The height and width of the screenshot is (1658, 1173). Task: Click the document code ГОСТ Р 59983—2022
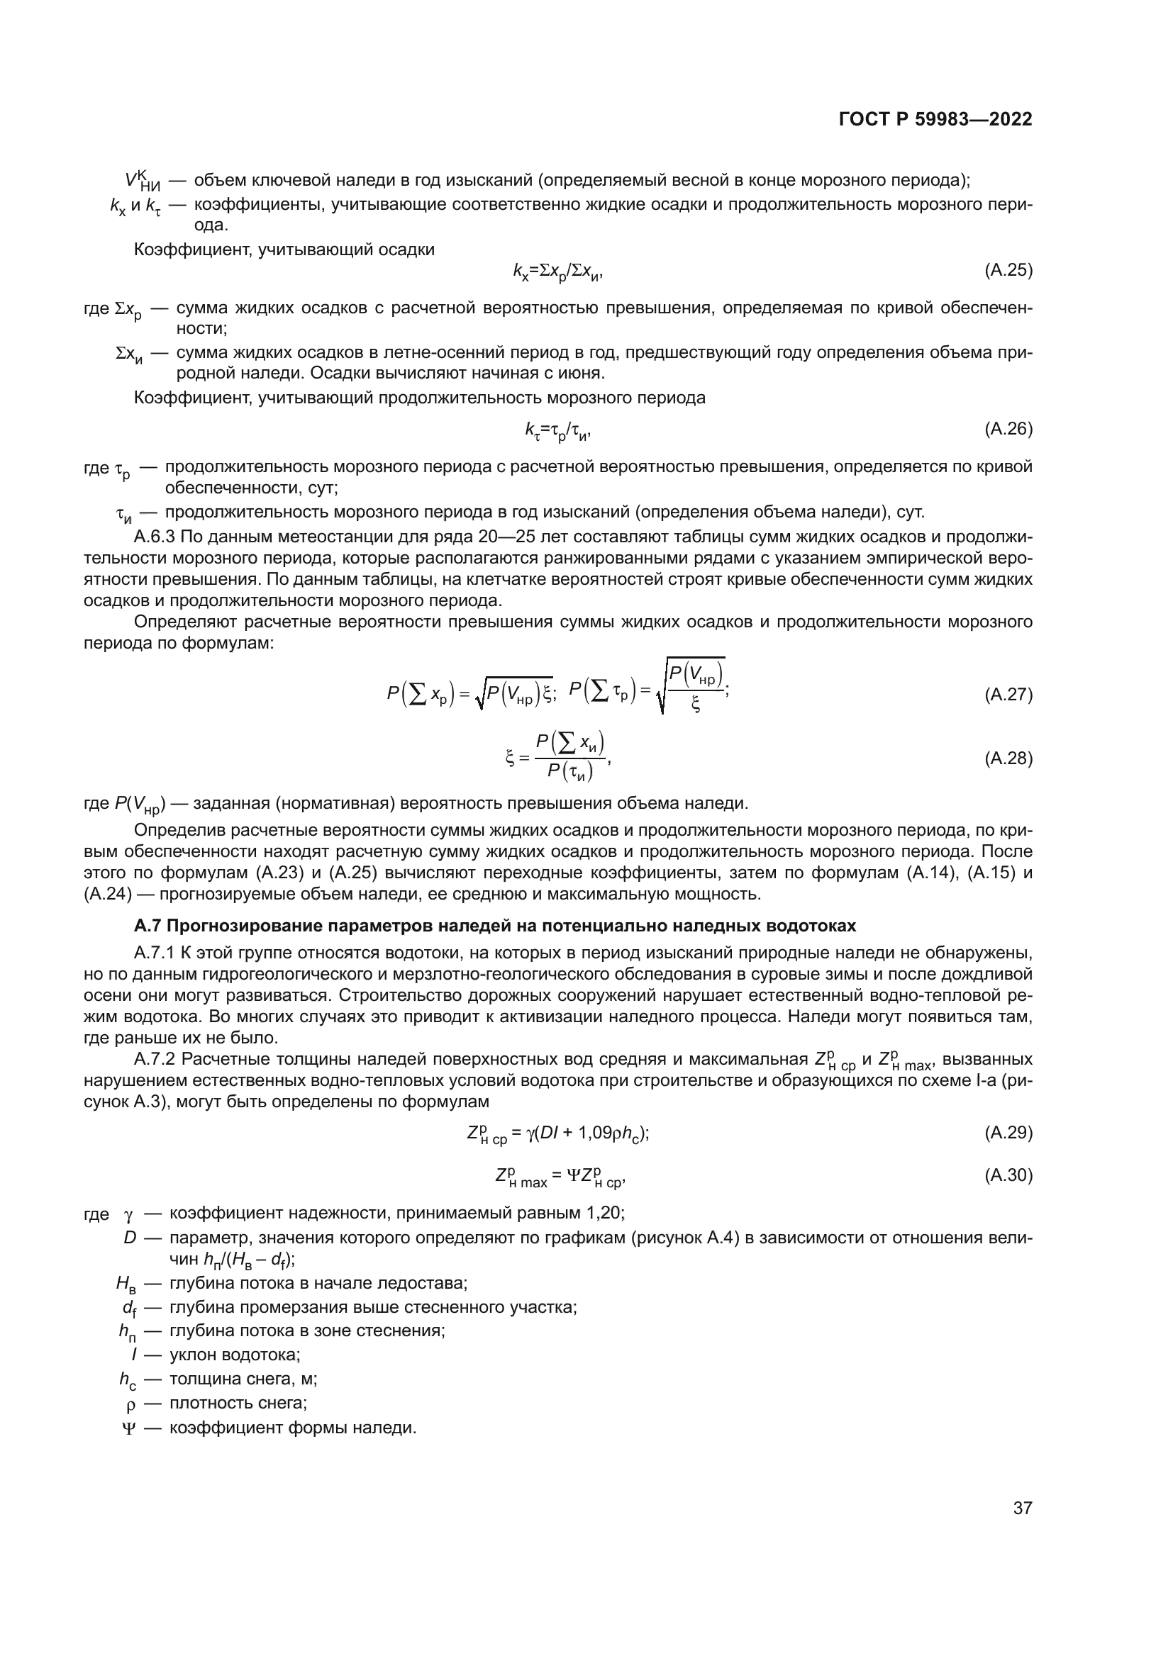coord(935,120)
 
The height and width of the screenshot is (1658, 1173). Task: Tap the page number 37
coord(1022,1508)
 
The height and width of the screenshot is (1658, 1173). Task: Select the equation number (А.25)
coord(1008,271)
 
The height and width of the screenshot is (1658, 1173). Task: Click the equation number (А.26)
coord(1008,429)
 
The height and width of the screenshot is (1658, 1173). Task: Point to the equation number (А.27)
coord(1008,695)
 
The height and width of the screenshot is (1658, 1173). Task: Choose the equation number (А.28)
coord(1008,758)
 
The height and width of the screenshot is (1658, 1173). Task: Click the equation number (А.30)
coord(1008,1175)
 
